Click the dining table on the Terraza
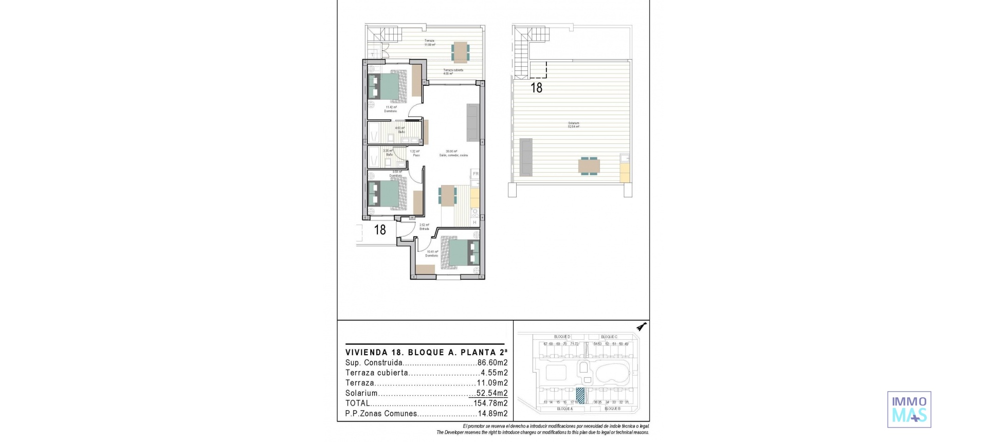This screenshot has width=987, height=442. point(460,52)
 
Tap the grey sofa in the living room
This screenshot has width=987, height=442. point(473,122)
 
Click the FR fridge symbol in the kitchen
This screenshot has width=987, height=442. point(476,174)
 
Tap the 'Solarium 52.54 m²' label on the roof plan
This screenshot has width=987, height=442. point(573,125)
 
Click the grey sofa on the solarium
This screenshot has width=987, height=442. point(526,157)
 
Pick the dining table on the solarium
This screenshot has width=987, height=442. point(589,166)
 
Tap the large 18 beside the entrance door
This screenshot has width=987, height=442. point(380,230)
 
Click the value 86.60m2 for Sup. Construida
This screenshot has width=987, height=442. point(492,363)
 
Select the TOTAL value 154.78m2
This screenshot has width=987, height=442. point(490,403)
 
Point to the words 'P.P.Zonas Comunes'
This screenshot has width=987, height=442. point(381,414)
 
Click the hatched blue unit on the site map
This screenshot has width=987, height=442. point(581,396)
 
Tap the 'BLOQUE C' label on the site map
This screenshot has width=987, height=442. point(609,337)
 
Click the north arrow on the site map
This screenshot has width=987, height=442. point(641,327)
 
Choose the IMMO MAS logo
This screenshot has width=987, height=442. point(909,410)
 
